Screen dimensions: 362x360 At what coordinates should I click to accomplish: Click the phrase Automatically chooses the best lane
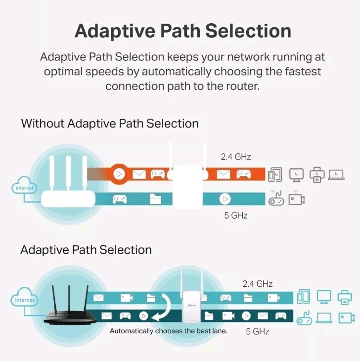(x=168, y=331)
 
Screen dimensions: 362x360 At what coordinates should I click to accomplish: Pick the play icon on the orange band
(x=119, y=174)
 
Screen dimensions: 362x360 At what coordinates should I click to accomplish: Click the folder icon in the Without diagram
(x=155, y=199)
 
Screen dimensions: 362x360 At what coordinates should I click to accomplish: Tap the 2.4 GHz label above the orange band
(x=235, y=157)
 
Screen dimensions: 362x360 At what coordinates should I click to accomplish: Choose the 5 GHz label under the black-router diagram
(x=257, y=331)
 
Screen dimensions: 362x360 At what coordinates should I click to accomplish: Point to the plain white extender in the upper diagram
(x=186, y=185)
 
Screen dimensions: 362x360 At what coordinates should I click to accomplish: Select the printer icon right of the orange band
(x=316, y=174)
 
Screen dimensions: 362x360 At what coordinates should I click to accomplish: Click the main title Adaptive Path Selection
(x=182, y=31)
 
